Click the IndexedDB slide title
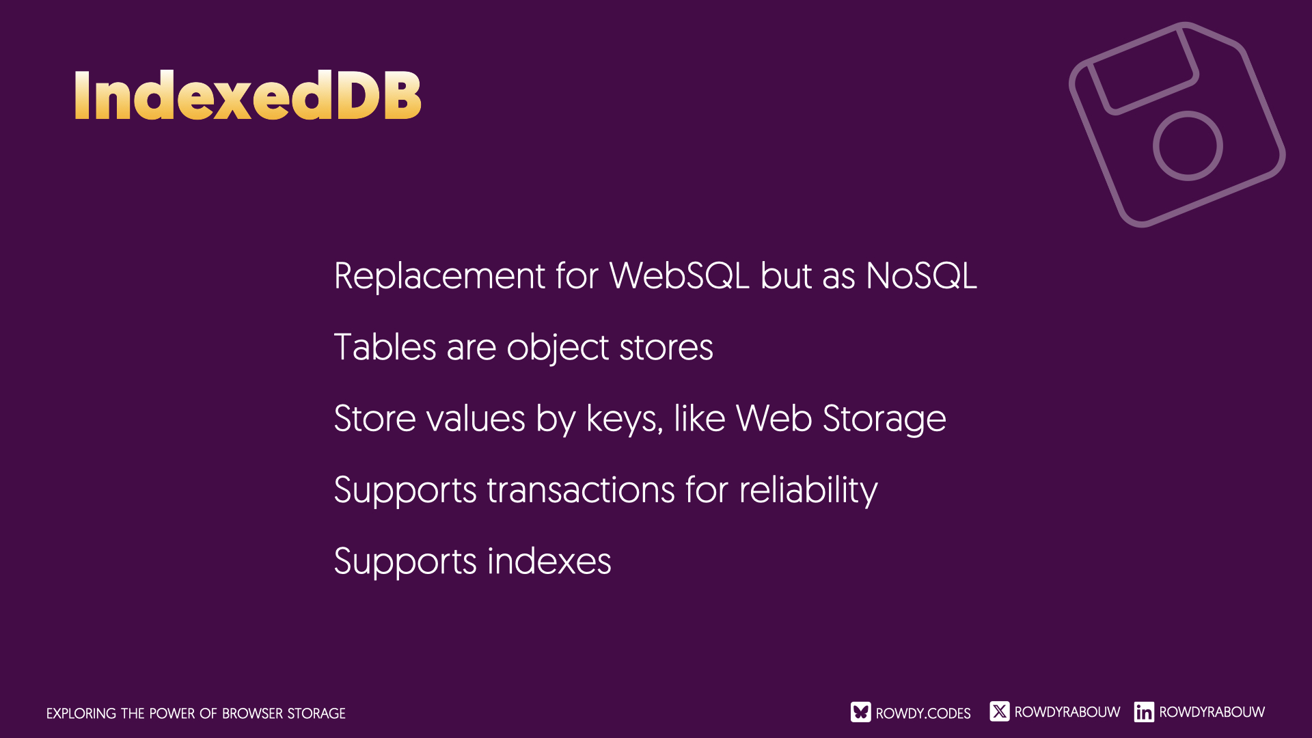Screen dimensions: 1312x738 point(247,95)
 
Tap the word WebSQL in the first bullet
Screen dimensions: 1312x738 point(679,276)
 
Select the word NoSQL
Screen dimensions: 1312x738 point(921,276)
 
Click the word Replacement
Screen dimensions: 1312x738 point(439,277)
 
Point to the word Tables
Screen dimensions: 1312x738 point(385,347)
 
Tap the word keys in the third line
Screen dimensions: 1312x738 point(625,419)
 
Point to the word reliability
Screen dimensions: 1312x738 point(808,491)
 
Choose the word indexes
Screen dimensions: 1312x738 point(549,562)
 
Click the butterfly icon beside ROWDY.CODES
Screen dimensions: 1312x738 point(861,712)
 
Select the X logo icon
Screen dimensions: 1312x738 point(1000,711)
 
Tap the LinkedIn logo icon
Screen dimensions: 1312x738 point(1144,712)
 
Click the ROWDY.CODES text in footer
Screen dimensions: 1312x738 point(923,713)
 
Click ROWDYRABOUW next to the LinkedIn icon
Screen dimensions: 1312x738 point(1212,712)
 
